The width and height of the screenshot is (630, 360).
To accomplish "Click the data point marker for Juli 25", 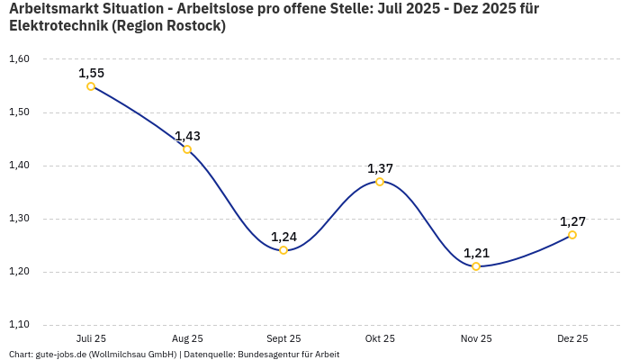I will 91,86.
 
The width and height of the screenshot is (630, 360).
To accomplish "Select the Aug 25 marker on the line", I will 187,149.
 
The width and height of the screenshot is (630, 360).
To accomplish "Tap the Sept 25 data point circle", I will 283,250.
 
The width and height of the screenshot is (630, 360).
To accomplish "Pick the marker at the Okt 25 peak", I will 380,182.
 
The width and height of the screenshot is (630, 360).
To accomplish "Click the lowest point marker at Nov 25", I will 476,266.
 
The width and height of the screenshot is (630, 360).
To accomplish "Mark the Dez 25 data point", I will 572,235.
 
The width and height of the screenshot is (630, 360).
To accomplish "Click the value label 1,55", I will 91,73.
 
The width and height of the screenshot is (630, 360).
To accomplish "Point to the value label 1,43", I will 187,136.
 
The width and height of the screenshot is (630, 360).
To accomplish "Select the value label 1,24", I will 283,237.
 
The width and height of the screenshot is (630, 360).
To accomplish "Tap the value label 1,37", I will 380,168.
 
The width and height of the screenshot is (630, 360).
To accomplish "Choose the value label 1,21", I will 476,253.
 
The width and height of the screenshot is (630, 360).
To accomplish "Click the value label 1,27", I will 572,221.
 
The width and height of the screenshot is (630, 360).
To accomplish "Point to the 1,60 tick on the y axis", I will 19,59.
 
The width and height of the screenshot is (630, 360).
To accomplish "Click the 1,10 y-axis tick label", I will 19,325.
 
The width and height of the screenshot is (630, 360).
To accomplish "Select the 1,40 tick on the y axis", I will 19,166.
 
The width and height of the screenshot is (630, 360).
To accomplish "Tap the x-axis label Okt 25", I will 380,338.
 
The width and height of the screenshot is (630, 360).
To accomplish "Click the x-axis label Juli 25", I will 91,338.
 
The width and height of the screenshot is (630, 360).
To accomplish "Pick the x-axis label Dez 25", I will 572,338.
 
